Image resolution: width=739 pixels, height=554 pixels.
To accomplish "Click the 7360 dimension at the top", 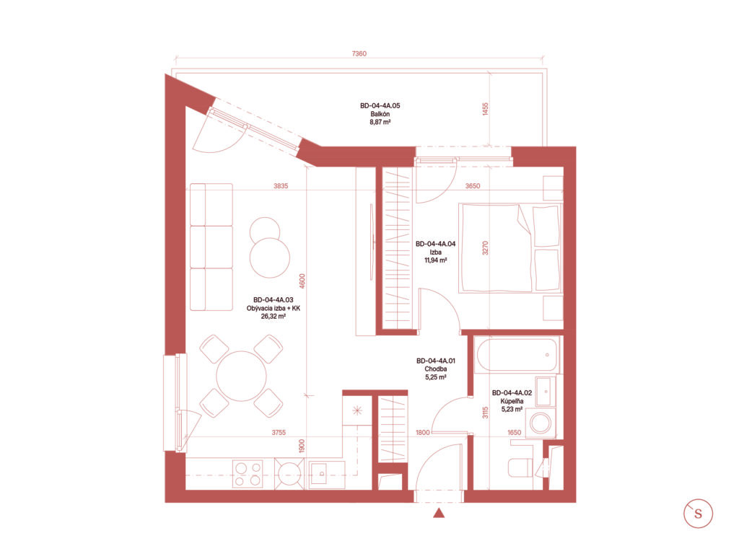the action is (359, 53).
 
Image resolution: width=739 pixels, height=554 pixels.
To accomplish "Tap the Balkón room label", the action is (380, 114).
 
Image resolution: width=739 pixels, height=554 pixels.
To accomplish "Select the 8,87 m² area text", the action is (380, 122).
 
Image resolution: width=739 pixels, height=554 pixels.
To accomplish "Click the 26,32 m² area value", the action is (274, 317).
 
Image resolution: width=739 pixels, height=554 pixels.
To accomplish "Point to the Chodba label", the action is (435, 369).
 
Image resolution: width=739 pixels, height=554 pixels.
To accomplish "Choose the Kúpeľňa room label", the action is (512, 401).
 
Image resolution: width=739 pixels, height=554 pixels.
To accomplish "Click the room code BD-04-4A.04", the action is (435, 244).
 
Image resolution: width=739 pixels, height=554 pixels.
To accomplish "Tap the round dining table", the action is (241, 376).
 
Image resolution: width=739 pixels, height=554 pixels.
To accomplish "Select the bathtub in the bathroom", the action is (517, 355).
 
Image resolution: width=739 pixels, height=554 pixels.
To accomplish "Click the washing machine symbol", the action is (541, 423).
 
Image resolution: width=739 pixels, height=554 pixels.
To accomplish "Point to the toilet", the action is (521, 467).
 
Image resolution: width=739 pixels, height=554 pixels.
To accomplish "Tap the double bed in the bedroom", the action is (510, 248).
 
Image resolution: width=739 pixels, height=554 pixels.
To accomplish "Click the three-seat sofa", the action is (211, 247).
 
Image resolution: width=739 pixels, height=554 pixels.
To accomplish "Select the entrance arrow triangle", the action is (439, 513).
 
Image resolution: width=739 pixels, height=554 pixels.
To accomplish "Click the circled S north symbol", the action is (698, 514).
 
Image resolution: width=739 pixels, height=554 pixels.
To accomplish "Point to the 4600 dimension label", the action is (302, 281).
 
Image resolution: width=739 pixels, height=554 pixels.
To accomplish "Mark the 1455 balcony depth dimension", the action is (486, 110).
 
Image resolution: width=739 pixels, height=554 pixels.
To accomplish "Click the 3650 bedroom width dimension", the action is (473, 186).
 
